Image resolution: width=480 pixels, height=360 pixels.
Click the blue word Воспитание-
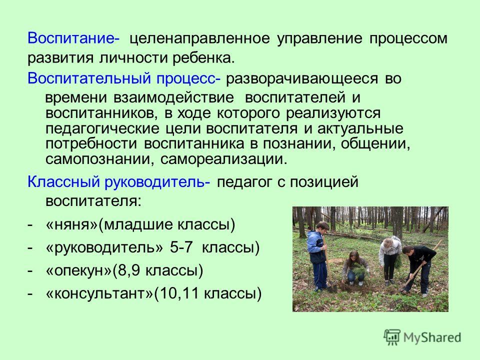click(73, 38)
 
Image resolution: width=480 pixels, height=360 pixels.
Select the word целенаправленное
click(200, 39)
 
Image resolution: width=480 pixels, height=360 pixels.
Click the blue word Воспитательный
click(89, 78)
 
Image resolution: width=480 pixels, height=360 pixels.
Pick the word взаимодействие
click(173, 98)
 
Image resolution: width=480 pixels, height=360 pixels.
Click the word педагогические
click(102, 128)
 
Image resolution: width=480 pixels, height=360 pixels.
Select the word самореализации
click(224, 159)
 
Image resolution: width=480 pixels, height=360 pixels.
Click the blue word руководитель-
click(157, 182)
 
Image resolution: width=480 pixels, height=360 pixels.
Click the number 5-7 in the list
click(181, 247)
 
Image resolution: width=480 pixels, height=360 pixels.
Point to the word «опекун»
click(78, 271)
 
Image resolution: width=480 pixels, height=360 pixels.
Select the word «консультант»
click(99, 293)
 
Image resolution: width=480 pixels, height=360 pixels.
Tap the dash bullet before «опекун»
click(29, 271)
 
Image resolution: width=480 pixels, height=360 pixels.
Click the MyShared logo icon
click(392, 337)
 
